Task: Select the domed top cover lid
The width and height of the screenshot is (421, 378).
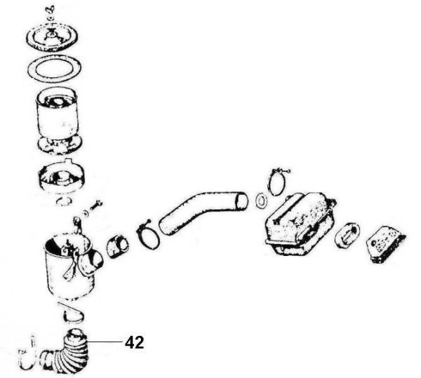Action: tap(52, 37)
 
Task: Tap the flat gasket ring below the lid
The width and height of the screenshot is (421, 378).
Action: tap(55, 67)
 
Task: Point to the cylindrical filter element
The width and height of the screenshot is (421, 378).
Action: tap(58, 119)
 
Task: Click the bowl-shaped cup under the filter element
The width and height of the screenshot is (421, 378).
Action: tap(62, 177)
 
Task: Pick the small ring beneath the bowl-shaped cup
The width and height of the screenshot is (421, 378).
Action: tap(64, 201)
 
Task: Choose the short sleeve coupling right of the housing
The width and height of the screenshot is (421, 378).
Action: tap(117, 247)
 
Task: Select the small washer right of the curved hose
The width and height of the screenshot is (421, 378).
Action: tap(260, 201)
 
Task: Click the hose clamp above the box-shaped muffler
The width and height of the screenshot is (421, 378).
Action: tap(276, 182)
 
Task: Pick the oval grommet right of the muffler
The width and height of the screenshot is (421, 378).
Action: tap(347, 236)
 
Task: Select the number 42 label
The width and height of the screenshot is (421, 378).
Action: tap(134, 342)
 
